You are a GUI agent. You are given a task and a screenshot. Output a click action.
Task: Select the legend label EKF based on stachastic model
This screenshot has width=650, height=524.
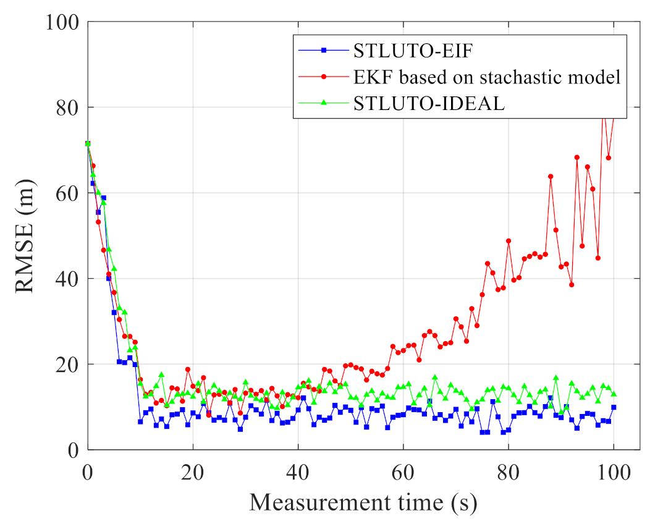click(487, 77)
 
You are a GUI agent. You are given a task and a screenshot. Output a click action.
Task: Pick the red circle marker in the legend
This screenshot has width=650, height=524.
click(324, 77)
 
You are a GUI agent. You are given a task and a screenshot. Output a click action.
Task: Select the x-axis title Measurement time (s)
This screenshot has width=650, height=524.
click(363, 502)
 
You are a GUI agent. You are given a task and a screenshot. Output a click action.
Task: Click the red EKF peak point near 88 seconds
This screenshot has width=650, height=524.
click(551, 177)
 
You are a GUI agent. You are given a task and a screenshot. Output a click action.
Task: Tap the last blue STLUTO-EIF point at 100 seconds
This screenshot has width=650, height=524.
click(614, 407)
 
